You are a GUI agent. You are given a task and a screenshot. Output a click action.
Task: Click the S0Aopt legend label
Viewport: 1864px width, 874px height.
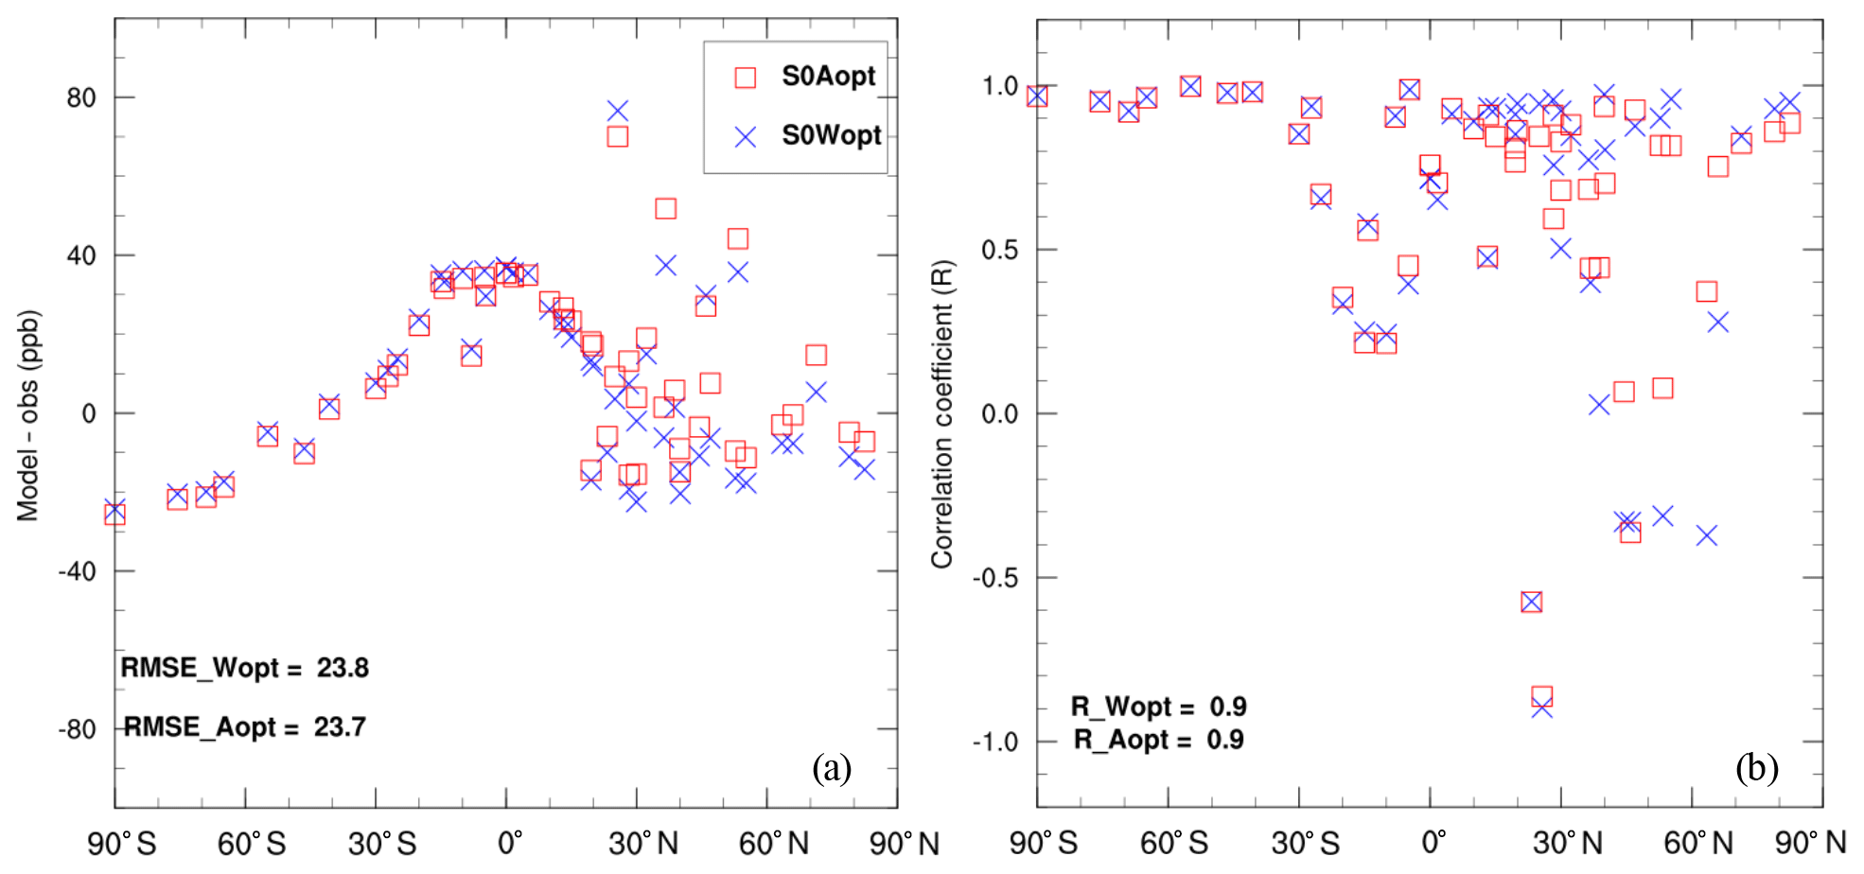click(828, 76)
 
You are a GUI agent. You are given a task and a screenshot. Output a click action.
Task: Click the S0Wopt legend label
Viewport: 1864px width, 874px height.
click(831, 135)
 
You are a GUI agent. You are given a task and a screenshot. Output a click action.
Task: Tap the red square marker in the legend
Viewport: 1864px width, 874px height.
click(746, 78)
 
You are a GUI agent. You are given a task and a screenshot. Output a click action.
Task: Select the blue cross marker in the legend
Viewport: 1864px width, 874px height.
click(746, 137)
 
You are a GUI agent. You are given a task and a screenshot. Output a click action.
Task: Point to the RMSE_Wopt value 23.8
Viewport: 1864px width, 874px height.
click(343, 668)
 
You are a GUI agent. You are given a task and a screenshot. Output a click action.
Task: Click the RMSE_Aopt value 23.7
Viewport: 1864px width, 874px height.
click(340, 726)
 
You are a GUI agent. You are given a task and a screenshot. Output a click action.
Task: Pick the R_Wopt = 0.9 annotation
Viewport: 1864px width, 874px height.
click(1158, 707)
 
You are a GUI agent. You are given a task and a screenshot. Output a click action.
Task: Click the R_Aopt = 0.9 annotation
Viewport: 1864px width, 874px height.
click(1158, 739)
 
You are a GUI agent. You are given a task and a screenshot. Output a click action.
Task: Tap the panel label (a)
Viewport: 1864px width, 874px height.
click(832, 767)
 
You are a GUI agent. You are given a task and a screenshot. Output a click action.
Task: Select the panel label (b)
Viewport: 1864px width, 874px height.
click(1756, 767)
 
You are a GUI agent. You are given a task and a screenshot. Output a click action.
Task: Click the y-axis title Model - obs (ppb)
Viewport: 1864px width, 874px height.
click(28, 416)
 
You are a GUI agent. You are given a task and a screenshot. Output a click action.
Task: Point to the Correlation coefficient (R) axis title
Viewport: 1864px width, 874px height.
click(942, 414)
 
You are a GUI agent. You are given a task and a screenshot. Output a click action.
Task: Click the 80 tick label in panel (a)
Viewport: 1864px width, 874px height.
click(81, 97)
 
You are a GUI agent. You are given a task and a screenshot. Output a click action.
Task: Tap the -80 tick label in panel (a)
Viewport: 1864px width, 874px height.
click(78, 729)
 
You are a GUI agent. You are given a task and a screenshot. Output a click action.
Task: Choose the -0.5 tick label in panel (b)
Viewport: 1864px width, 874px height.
click(995, 578)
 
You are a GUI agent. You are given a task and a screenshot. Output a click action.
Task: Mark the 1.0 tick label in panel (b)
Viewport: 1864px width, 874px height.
click(1000, 86)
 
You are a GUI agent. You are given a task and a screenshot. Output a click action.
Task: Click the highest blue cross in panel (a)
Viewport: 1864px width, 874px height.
click(618, 112)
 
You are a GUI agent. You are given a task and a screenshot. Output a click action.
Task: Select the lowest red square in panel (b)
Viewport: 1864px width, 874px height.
click(1541, 697)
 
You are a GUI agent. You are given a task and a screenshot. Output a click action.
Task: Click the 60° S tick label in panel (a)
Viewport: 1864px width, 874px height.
click(252, 843)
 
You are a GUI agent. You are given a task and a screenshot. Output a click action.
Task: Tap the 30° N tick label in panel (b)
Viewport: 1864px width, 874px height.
click(1568, 843)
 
